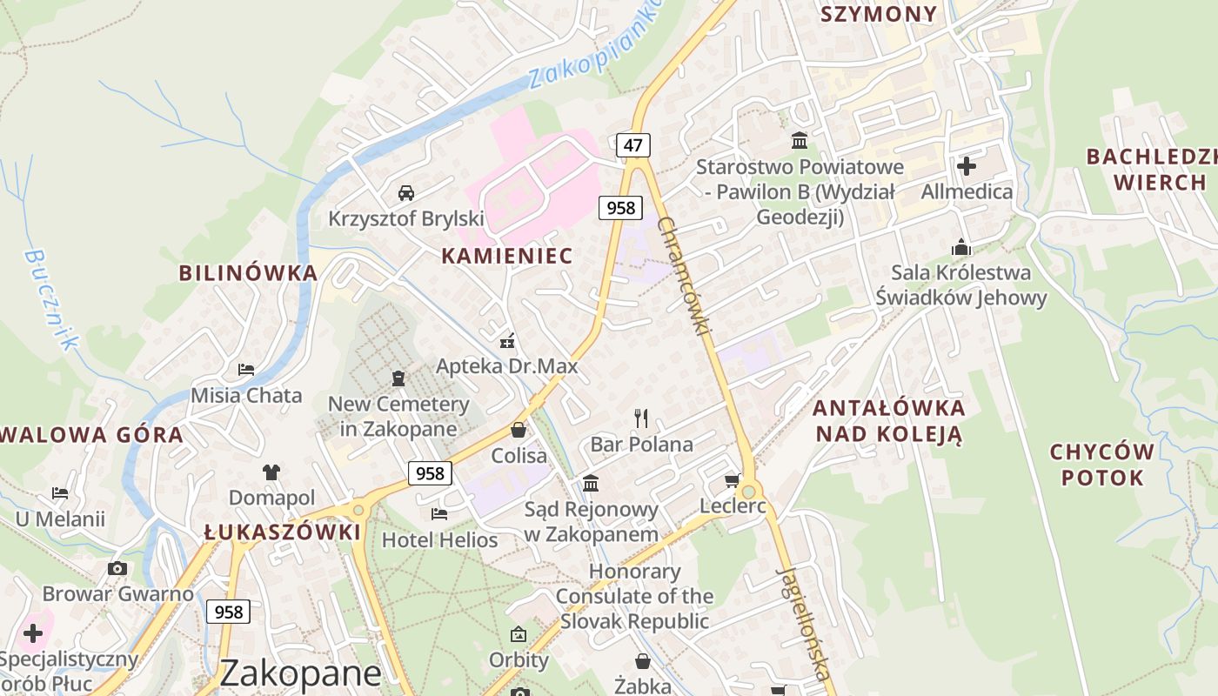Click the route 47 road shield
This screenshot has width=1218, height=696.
click(x=632, y=145)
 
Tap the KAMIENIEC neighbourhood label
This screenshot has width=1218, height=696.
click(x=507, y=255)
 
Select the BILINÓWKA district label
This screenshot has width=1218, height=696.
click(x=248, y=272)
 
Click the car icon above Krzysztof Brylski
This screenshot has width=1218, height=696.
click(x=405, y=192)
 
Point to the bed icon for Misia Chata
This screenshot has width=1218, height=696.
click(x=246, y=370)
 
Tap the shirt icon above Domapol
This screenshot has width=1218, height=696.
click(x=271, y=472)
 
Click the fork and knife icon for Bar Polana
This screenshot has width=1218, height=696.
click(x=641, y=418)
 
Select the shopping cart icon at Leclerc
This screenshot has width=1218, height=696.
click(x=733, y=481)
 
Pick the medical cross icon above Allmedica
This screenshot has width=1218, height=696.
click(x=967, y=165)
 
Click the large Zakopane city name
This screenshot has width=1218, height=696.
click(x=300, y=673)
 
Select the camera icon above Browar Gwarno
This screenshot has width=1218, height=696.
click(x=117, y=569)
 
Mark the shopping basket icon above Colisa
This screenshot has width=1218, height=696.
click(x=519, y=430)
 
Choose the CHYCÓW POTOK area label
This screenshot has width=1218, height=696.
click(x=1101, y=465)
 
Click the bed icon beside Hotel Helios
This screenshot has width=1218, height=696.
click(x=439, y=514)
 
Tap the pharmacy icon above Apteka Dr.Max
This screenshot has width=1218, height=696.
click(x=506, y=340)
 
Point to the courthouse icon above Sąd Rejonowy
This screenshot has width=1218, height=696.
click(x=591, y=483)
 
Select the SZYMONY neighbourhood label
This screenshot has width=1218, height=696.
click(x=879, y=14)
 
